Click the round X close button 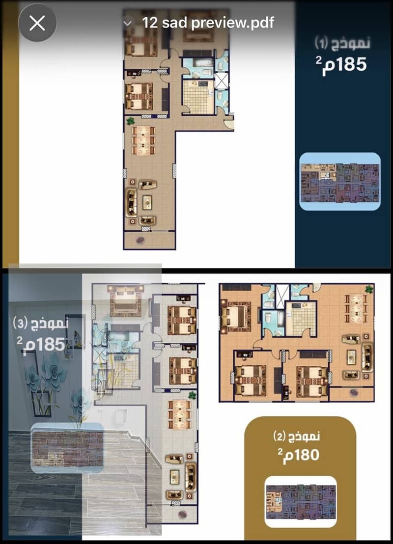point(37,23)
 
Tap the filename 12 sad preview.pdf point(208,23)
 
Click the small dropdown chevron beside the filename point(127,23)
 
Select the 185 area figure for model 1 point(341,65)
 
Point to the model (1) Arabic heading point(342,43)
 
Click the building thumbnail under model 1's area point(340,182)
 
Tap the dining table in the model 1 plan point(143,140)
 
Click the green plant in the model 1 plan point(131,121)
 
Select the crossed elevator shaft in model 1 point(222,80)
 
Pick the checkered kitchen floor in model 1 point(198,98)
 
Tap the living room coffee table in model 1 point(147,202)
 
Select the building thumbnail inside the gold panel point(301,502)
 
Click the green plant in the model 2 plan point(369,289)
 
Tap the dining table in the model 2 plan point(356,308)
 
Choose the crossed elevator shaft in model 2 point(282,296)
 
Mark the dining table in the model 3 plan point(179,414)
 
